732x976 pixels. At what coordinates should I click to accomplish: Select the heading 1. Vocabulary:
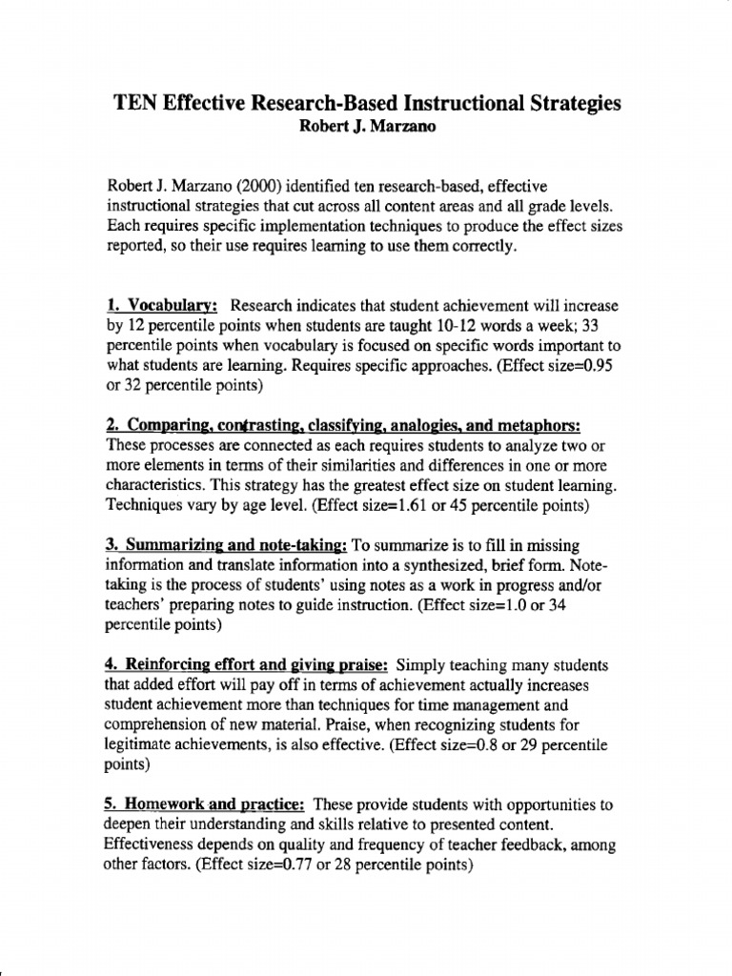pos(162,307)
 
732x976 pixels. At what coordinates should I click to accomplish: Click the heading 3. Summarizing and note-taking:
pos(225,545)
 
